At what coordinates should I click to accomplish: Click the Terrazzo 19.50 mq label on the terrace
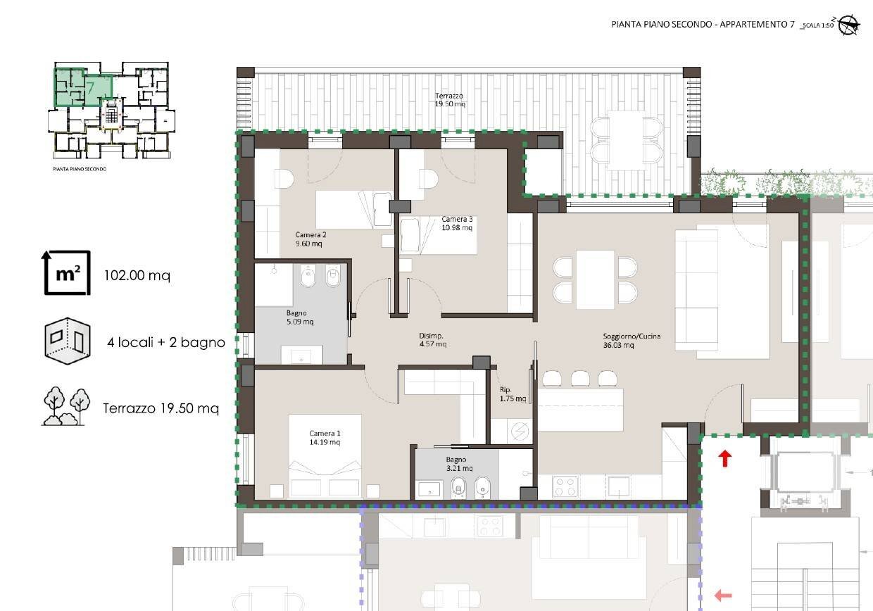point(450,100)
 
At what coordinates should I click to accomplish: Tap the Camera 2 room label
point(310,239)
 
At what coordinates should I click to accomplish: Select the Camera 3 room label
point(457,223)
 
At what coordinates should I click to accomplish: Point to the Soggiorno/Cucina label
point(632,341)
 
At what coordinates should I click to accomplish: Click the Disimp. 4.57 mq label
point(432,340)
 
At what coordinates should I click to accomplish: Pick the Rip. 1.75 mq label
point(513,394)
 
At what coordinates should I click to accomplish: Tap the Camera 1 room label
point(325,438)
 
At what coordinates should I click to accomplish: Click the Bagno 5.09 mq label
point(300,317)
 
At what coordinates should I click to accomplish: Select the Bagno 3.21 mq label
point(459,464)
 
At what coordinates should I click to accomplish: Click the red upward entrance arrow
point(725,458)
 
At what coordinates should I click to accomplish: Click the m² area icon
point(66,273)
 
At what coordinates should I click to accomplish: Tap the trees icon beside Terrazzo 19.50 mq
point(66,406)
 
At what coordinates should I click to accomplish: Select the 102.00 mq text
point(137,275)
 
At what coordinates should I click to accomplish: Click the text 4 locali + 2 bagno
point(166,343)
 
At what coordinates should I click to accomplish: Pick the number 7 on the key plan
point(90,89)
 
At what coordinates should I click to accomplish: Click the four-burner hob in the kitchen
point(565,486)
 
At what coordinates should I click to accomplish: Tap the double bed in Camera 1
point(325,456)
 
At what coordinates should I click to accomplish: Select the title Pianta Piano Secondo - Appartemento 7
point(703,24)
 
